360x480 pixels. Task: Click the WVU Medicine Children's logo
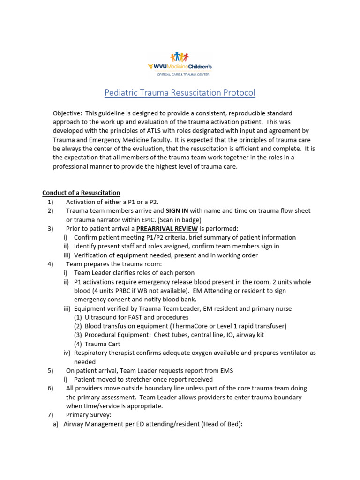[180, 65]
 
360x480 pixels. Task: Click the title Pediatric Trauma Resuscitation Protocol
[180, 93]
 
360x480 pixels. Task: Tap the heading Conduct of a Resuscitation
[81, 193]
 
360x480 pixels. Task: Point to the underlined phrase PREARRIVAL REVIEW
[167, 229]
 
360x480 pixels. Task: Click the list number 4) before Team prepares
[50, 264]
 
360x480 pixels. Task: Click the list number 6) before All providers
[50, 389]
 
